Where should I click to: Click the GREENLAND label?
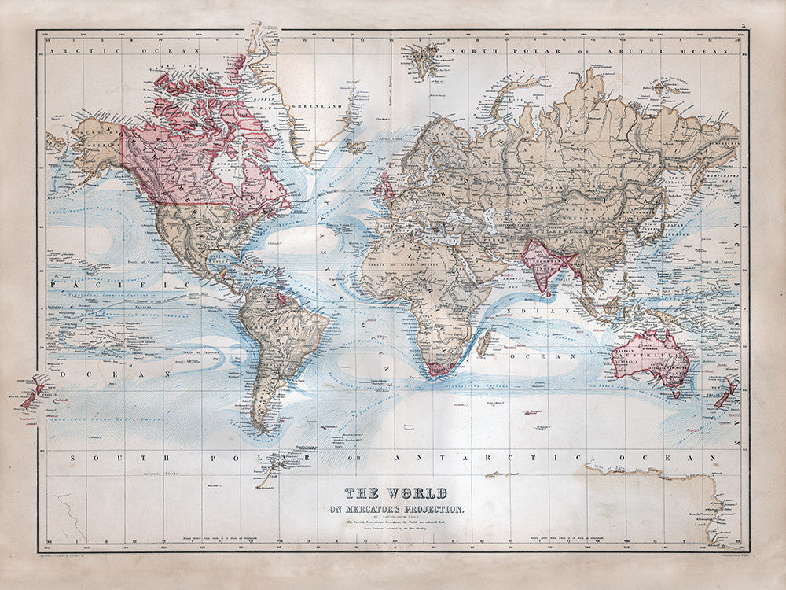coord(309,105)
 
